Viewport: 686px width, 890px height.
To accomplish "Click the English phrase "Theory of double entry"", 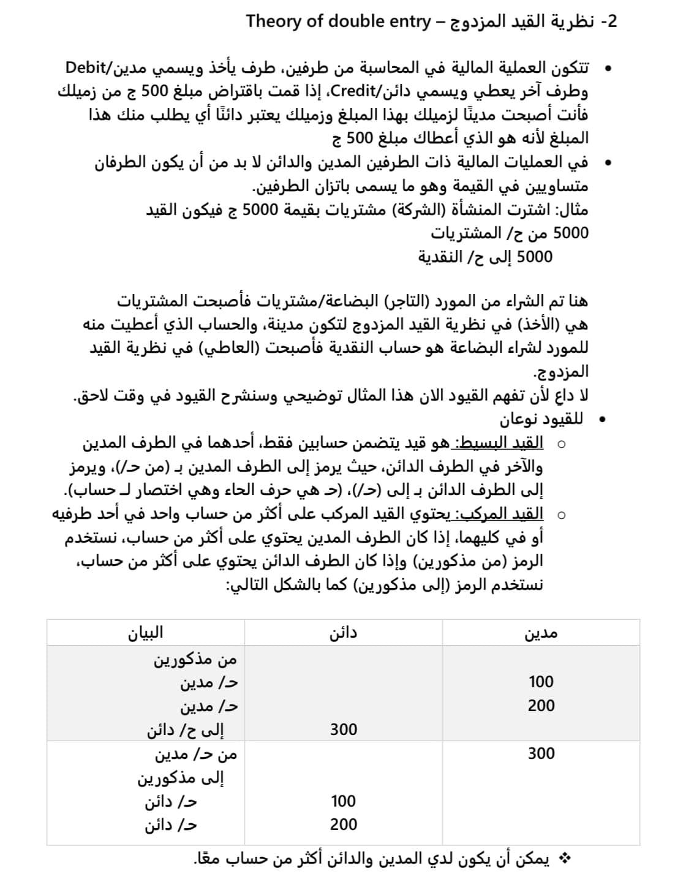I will (338, 22).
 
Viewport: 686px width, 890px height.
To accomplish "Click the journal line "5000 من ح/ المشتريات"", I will (509, 233).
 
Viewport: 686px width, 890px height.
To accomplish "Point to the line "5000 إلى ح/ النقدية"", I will (485, 257).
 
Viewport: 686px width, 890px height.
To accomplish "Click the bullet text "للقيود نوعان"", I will (541, 420).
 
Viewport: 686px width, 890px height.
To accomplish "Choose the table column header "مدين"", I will (541, 633).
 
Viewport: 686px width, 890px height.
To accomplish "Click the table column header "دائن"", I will (343, 633).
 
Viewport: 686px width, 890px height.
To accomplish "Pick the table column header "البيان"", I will (145, 633).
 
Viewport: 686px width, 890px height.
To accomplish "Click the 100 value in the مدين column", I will (541, 682).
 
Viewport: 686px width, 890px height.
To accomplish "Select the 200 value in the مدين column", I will (541, 706).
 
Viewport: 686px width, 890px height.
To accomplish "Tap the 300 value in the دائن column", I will (343, 730).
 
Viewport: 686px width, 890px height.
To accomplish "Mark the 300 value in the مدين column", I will (541, 753).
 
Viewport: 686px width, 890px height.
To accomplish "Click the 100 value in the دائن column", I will (343, 801).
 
